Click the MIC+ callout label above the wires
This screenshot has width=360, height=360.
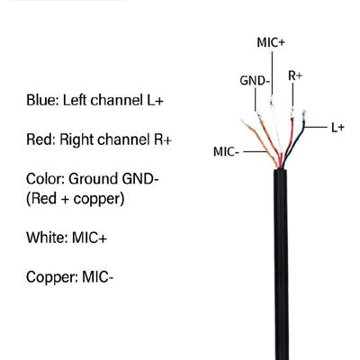click(x=271, y=42)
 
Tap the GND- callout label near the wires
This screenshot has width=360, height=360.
click(x=255, y=81)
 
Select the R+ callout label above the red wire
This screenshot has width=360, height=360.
click(x=295, y=76)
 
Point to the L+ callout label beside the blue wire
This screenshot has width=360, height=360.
click(x=337, y=128)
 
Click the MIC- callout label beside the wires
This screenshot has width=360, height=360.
click(x=226, y=152)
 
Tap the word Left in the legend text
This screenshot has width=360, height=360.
click(x=75, y=100)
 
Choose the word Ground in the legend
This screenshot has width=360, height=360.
click(x=94, y=179)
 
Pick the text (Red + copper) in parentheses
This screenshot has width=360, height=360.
click(x=76, y=199)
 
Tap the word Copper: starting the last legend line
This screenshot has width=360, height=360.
click(x=52, y=277)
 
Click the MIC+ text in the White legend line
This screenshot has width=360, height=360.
click(x=89, y=238)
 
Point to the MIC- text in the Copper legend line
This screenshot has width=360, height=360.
click(x=97, y=277)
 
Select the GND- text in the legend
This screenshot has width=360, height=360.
click(x=140, y=179)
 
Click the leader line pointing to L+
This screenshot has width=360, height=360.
click(x=316, y=128)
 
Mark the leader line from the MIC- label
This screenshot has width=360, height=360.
click(x=255, y=152)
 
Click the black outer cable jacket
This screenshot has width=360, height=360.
click(x=281, y=265)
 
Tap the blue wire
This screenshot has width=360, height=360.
click(x=295, y=143)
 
